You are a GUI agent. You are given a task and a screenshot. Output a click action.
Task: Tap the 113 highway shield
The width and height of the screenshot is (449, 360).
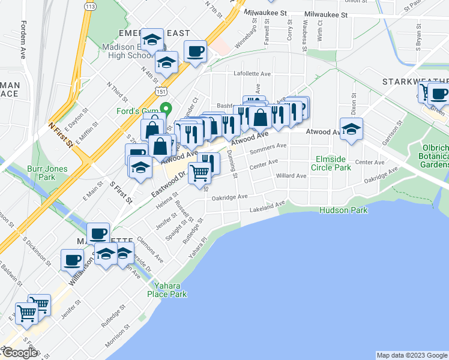(x=90, y=6)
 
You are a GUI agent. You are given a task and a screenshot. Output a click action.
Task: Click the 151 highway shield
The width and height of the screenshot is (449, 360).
(x=160, y=90)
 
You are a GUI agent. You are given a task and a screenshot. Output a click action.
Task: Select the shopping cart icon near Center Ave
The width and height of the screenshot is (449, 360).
(x=199, y=174)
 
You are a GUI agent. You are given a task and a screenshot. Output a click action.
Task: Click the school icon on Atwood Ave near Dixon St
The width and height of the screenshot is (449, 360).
(x=351, y=129)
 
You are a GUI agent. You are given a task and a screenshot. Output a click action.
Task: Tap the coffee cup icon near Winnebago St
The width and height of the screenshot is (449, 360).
(x=195, y=52)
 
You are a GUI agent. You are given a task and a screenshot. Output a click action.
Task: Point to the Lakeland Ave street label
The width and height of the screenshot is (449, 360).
(x=267, y=206)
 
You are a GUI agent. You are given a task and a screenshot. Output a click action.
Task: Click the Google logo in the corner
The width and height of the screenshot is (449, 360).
(x=20, y=353)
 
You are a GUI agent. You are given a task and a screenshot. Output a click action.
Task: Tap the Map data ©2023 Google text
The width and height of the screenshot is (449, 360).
(x=411, y=355)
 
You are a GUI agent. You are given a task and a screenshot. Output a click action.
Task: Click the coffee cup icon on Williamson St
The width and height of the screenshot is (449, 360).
(x=73, y=261)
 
